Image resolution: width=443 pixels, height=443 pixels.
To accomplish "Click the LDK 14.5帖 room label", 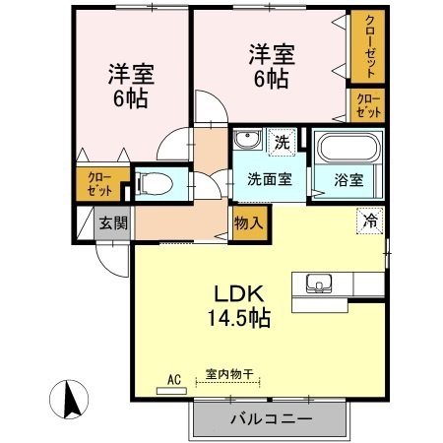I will click(236, 306).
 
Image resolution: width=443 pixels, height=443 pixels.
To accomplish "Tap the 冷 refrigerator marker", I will click(367, 223).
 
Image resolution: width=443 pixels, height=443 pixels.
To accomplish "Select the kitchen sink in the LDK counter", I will click(319, 284).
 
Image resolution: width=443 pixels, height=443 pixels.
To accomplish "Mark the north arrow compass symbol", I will click(70, 400).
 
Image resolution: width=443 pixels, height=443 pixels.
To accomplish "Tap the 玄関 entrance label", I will click(112, 222).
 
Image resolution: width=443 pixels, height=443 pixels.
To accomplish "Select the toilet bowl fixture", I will click(155, 182).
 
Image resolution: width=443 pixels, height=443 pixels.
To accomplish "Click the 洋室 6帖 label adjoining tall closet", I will click(268, 66).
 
